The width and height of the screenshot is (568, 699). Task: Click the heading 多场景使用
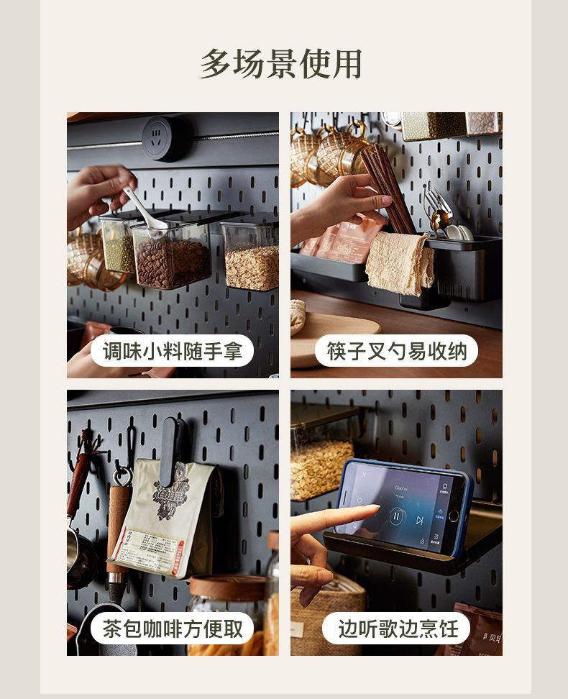pos(280,65)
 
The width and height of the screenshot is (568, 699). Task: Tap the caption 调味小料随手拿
pos(172,352)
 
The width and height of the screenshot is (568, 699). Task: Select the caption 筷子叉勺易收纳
pos(396,352)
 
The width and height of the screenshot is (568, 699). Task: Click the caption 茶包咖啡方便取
pos(172,629)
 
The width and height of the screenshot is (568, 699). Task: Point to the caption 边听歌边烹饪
pos(396,629)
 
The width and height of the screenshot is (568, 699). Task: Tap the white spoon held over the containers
pos(147,211)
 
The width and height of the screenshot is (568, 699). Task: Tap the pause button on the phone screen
pos(396,515)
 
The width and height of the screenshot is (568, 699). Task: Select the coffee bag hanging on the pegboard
pos(169,518)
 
